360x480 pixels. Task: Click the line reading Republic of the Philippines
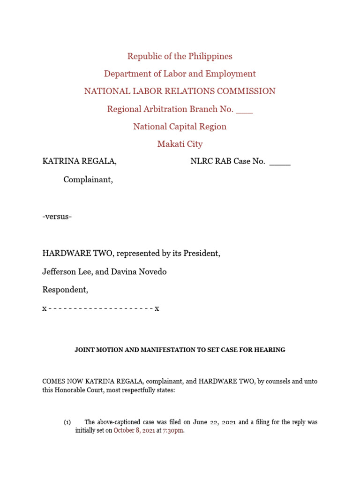pos(180,56)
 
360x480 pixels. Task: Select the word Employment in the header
pos(233,74)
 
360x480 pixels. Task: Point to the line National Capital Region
pos(180,127)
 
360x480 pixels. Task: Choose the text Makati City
pos(180,144)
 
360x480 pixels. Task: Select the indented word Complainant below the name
pos(88,180)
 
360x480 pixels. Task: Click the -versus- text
pos(57,217)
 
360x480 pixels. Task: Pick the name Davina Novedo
pos(139,272)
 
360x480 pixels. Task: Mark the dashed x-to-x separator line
pos(101,308)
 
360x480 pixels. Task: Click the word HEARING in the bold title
pos(271,350)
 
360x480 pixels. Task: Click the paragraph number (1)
pos(67,422)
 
